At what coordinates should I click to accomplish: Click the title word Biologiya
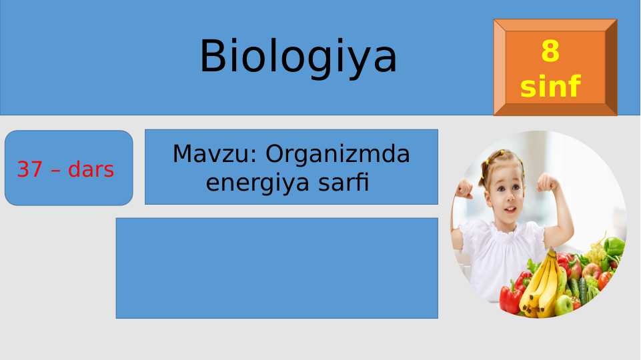coord(298,56)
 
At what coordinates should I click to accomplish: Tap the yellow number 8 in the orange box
coord(550,51)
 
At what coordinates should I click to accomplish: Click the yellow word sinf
coord(550,87)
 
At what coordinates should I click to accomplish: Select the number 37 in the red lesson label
coord(30,170)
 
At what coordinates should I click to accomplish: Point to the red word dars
coord(91,170)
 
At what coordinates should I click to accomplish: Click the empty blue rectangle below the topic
coord(277,268)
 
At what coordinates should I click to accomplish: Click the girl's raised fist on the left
coord(463,189)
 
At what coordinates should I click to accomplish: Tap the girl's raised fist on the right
coord(548,182)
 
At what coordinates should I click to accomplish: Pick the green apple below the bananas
coord(564,305)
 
